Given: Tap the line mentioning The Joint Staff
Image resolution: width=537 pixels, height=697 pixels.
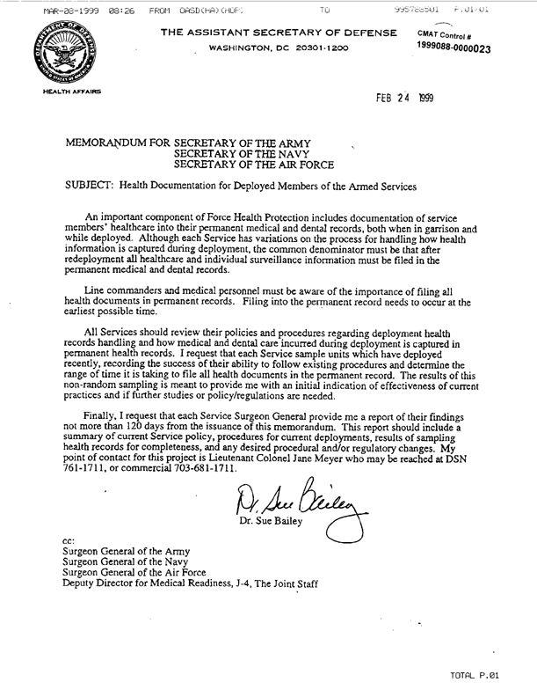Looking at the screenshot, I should pos(185,583).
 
